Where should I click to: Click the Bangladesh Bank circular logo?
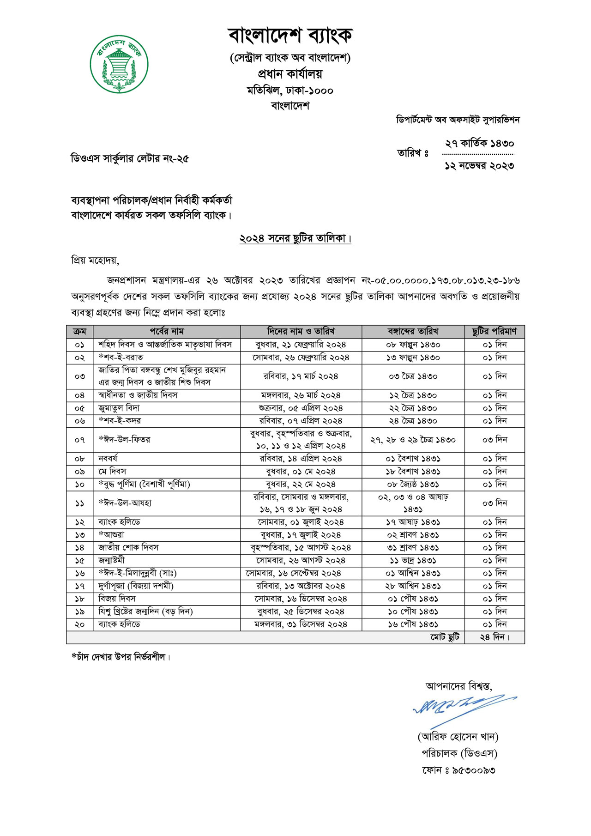[x=119, y=64]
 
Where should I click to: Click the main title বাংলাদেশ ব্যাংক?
[x=290, y=35]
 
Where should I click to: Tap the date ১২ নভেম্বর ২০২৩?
[x=479, y=166]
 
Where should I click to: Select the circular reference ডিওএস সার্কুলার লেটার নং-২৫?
[x=130, y=159]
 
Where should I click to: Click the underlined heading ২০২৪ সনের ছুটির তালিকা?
[x=295, y=238]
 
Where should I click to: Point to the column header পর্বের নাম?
[x=167, y=331]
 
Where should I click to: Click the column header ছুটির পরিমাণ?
[x=494, y=331]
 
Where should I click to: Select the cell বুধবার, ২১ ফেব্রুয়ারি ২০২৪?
[x=301, y=345]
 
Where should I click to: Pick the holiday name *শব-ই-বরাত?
[x=121, y=357]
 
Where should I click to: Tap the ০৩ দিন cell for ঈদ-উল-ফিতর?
[x=494, y=440]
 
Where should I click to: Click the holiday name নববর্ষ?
[x=108, y=459]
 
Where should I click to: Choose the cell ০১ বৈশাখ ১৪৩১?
[x=413, y=459]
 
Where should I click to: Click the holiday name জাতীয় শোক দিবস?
[x=128, y=547]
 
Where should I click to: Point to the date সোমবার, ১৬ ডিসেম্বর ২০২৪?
[x=301, y=599]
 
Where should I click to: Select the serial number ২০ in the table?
[x=79, y=624]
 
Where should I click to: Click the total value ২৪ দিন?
[x=494, y=637]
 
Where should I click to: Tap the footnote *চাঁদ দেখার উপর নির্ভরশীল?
[x=121, y=657]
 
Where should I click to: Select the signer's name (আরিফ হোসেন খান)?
[x=458, y=736]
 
